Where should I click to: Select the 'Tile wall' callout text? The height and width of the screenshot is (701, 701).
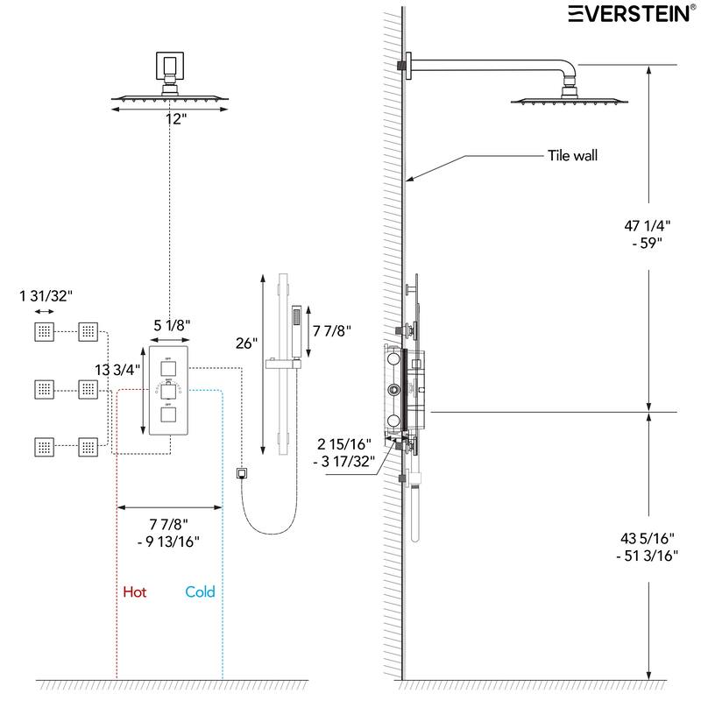pyautogui.click(x=572, y=156)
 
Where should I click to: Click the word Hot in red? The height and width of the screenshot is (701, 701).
pyautogui.click(x=134, y=592)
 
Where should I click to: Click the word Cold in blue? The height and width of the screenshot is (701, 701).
pyautogui.click(x=200, y=592)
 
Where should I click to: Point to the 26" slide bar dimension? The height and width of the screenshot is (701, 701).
pyautogui.click(x=247, y=343)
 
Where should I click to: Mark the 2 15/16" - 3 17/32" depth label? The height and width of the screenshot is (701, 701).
pyautogui.click(x=345, y=451)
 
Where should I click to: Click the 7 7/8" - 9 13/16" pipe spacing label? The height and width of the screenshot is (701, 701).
pyautogui.click(x=168, y=532)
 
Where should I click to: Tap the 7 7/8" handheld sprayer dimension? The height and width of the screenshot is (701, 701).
pyautogui.click(x=332, y=331)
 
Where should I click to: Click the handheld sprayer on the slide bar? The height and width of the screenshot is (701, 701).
pyautogui.click(x=295, y=325)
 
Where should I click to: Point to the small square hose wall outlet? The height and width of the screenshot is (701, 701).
pyautogui.click(x=242, y=475)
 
